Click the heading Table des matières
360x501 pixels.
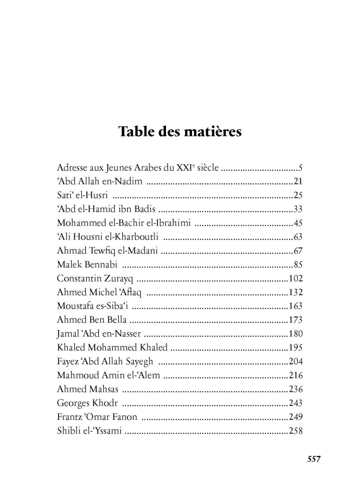(x=180, y=132)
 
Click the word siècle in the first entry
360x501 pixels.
(x=207, y=168)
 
